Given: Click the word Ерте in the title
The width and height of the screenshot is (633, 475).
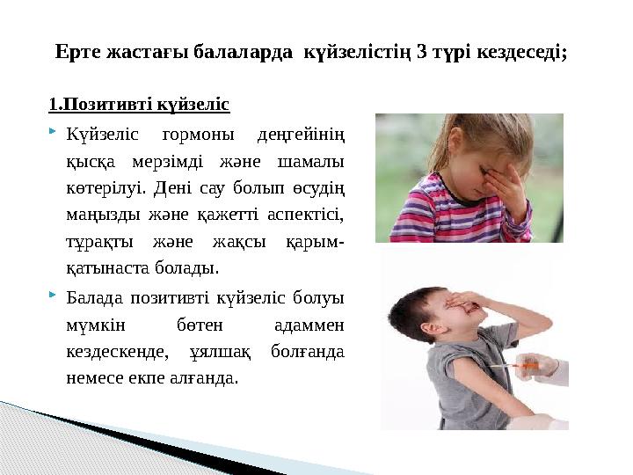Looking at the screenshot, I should [78, 52].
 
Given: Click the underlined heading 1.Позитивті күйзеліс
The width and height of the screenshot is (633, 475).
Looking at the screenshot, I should [139, 106].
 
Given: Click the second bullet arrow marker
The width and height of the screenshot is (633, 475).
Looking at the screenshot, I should [54, 296].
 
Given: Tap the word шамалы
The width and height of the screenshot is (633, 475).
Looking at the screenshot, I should [310, 162].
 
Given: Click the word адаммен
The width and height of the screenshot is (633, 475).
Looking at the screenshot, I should [310, 325].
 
